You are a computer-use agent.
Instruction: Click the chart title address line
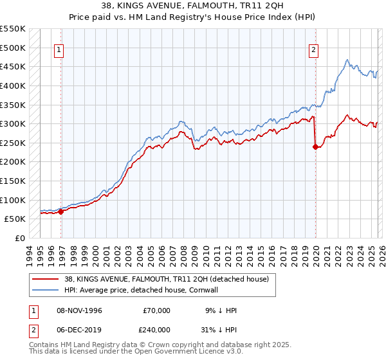[192, 6]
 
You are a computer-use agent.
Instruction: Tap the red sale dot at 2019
[315, 147]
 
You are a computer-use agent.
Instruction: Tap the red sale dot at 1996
[61, 212]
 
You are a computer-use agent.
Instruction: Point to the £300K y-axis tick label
[13, 123]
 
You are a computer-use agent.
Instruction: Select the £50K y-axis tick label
[15, 219]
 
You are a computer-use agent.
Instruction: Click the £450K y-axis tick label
[13, 66]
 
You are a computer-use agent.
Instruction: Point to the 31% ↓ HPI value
[221, 328]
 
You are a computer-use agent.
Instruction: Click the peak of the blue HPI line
[347, 60]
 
